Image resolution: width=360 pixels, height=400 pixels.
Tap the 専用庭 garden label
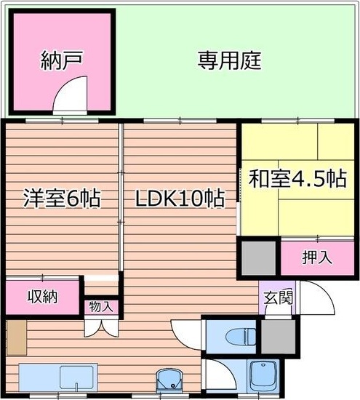(229, 60)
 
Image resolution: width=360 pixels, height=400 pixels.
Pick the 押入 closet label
(317, 257)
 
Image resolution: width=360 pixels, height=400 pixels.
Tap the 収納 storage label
(42, 297)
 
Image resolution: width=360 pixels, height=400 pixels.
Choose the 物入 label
(101, 307)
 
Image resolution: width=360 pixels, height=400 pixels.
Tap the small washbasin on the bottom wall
(168, 380)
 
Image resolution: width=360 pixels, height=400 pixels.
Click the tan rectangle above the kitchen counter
(17, 336)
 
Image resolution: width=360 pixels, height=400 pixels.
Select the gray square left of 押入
(259, 256)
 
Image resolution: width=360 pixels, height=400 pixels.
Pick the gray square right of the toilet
(277, 337)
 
